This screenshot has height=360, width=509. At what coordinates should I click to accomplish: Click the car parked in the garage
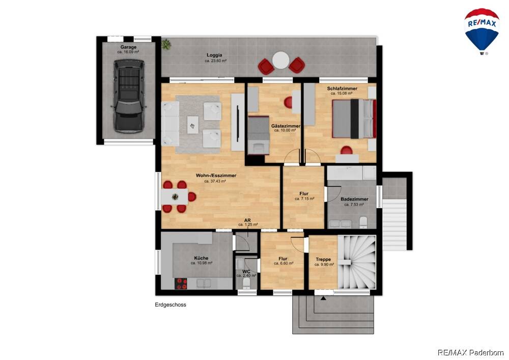click(129, 96)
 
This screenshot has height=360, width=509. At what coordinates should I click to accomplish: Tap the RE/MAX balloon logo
click(482, 31)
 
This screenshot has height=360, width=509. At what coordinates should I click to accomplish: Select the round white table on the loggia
click(281, 61)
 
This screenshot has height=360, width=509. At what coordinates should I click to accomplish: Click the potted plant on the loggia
click(166, 44)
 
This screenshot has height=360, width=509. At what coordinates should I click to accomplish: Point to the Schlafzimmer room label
click(342, 88)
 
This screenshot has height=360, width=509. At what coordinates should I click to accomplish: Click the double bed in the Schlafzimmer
click(354, 119)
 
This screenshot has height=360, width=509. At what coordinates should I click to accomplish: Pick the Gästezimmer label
click(286, 126)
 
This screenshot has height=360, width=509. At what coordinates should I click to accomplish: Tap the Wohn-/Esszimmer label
click(216, 175)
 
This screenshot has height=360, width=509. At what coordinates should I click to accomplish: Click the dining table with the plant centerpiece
click(175, 197)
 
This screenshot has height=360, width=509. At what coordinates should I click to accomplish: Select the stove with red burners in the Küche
click(181, 284)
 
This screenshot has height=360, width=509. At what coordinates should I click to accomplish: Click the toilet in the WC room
click(246, 284)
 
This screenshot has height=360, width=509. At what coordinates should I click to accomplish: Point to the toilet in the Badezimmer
click(363, 223)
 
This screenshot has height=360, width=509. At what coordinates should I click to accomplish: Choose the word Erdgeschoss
click(171, 305)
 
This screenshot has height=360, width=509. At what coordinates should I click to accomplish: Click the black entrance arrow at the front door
click(323, 298)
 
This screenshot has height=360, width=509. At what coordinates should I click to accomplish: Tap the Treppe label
click(323, 259)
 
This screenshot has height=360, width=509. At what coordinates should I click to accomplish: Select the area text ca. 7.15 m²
click(304, 199)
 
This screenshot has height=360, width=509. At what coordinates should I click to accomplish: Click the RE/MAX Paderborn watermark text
click(471, 352)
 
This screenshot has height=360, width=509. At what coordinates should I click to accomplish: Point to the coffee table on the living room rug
click(193, 125)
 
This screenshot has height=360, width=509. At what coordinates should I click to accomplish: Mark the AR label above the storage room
click(248, 220)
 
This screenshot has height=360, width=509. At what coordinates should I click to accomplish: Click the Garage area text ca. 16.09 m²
click(128, 51)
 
